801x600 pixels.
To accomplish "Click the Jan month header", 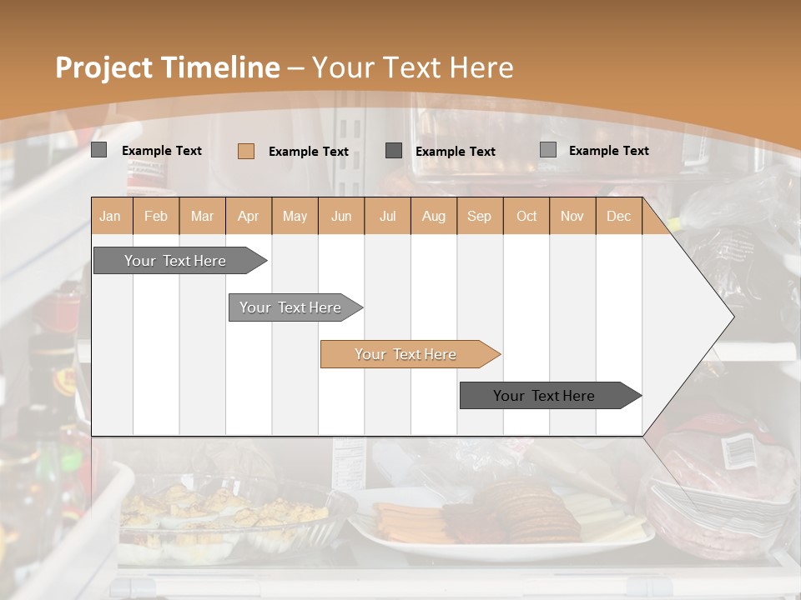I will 110,216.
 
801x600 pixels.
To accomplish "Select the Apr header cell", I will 248,216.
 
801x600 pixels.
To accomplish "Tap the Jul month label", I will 387,216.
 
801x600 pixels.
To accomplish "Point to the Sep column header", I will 479,216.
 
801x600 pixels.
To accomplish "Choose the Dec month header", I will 618,216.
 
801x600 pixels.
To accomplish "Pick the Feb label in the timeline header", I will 156,216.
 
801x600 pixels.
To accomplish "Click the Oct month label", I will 526,216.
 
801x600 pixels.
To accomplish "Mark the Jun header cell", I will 341,216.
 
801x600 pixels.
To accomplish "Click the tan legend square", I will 245,151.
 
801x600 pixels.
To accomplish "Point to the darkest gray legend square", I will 394,150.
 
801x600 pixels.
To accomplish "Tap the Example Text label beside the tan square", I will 308,152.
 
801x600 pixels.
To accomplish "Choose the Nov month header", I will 572,216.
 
